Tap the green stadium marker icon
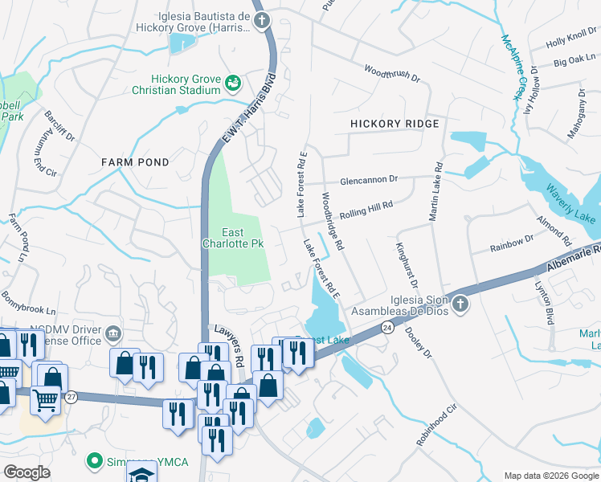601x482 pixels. (x=233, y=83)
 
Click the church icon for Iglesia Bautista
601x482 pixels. (x=261, y=21)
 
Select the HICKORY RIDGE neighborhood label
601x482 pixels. (x=395, y=124)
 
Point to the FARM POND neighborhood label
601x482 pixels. (x=135, y=162)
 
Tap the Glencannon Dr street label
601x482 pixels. (x=369, y=180)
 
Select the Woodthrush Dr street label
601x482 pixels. (x=392, y=74)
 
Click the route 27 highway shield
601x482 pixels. (x=71, y=397)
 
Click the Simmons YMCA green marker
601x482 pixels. (x=94, y=462)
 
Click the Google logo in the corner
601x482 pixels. (x=27, y=472)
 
